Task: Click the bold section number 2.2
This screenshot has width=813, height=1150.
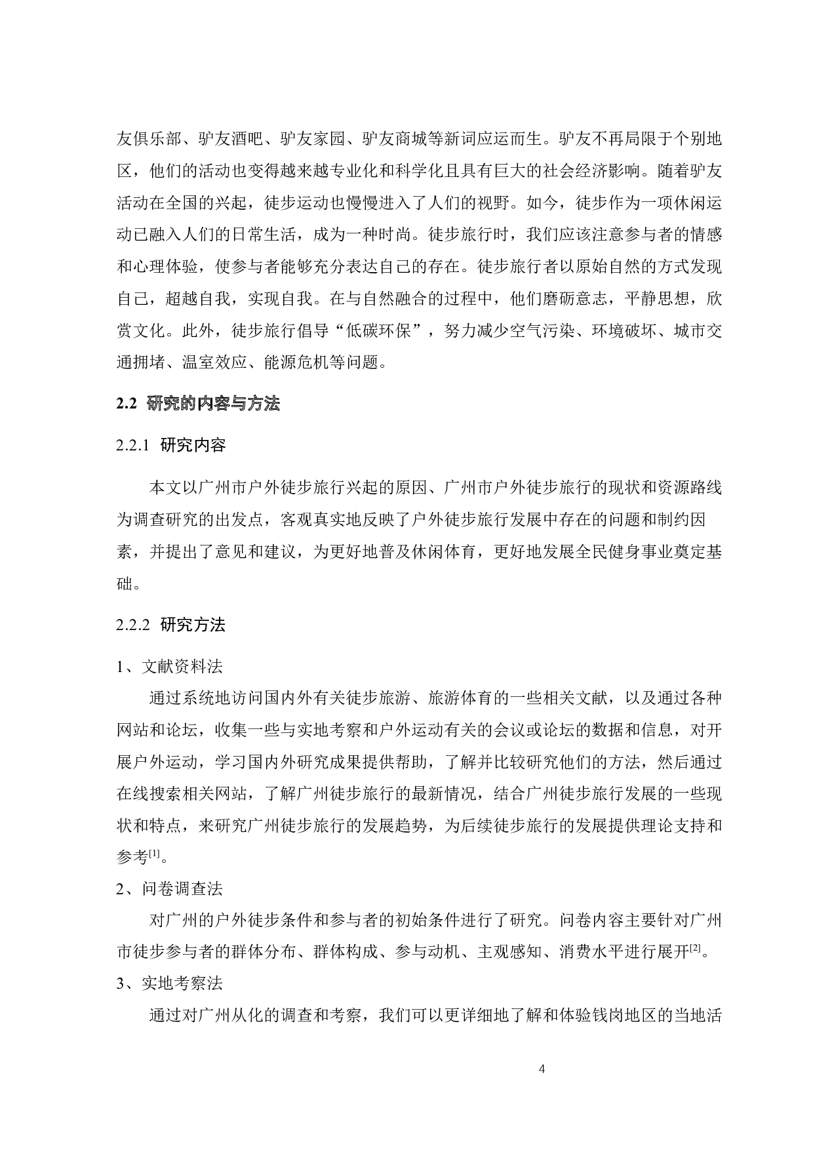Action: [127, 403]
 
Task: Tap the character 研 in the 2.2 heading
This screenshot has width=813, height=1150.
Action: [155, 403]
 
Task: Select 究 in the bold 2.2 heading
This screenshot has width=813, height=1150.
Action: [172, 403]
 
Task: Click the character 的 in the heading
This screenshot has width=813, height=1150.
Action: [189, 403]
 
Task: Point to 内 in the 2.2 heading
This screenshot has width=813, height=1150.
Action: [205, 403]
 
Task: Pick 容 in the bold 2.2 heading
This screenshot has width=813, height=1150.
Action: [222, 403]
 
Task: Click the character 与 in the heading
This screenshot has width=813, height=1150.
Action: [239, 403]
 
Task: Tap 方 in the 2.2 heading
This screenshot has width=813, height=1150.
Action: [255, 403]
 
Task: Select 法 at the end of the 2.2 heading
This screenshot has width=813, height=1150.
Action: [271, 403]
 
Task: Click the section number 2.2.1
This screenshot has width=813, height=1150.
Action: [133, 445]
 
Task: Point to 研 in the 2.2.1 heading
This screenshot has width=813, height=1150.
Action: [169, 445]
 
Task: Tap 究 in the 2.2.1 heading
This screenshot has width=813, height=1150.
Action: [185, 445]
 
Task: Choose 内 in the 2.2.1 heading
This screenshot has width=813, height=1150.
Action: [201, 445]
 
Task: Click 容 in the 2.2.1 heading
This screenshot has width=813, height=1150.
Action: [218, 445]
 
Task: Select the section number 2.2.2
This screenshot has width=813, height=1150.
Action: [133, 625]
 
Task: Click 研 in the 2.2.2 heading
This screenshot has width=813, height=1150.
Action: [169, 625]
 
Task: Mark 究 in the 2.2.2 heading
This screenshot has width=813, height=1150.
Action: [185, 625]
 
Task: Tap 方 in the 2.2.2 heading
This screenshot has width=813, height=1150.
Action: [201, 625]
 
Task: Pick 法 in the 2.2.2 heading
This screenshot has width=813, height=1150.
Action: [218, 625]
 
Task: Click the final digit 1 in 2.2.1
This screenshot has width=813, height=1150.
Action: [146, 445]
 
